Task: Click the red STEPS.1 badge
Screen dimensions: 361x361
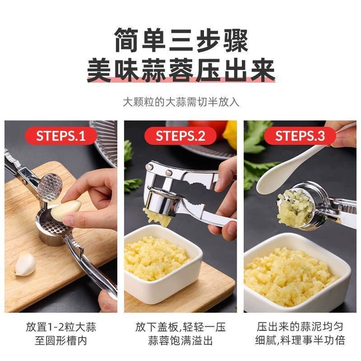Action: [x=61, y=135]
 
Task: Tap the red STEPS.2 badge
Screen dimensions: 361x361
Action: [x=180, y=135]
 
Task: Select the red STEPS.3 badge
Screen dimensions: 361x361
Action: [x=300, y=135]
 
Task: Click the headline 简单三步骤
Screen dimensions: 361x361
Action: [x=181, y=40]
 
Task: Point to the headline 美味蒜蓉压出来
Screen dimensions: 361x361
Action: [x=181, y=70]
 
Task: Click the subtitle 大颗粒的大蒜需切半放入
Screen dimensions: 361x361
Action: [x=181, y=102]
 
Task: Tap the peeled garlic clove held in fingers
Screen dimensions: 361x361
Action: [x=66, y=209]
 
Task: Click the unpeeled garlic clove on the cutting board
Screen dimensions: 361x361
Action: [x=25, y=264]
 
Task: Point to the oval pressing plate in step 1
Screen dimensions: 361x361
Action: [x=50, y=187]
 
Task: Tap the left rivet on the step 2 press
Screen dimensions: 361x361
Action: [x=150, y=167]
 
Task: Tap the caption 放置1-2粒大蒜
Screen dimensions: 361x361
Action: [x=61, y=327]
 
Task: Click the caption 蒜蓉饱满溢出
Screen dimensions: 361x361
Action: [x=180, y=341]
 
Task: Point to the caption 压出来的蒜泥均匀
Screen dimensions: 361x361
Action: [x=300, y=327]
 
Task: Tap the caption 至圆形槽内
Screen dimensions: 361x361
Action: [x=61, y=341]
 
